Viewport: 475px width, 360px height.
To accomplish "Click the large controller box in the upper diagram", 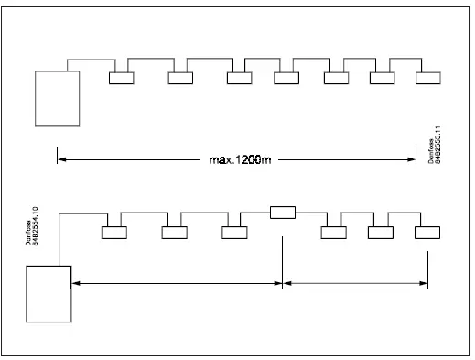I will (x=57, y=98).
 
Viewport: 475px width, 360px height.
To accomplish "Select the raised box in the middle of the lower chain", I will (x=283, y=213).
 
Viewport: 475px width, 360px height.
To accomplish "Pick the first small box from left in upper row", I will (x=122, y=78).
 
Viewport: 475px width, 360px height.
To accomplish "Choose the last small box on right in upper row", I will (x=427, y=78).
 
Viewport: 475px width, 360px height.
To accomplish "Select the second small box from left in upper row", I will (x=181, y=78).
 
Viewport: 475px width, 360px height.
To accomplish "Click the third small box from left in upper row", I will (x=239, y=78).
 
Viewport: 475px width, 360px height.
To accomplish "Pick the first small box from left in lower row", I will (x=113, y=232).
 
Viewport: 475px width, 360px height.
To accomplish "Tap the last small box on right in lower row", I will (x=426, y=232).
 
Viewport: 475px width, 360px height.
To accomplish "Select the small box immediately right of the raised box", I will (x=333, y=232).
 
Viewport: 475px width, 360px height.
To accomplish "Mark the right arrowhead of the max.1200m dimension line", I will (x=413, y=160).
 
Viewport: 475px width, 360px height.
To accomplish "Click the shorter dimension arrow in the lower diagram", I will (x=355, y=284).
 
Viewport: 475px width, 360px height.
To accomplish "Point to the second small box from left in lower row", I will (x=174, y=232).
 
